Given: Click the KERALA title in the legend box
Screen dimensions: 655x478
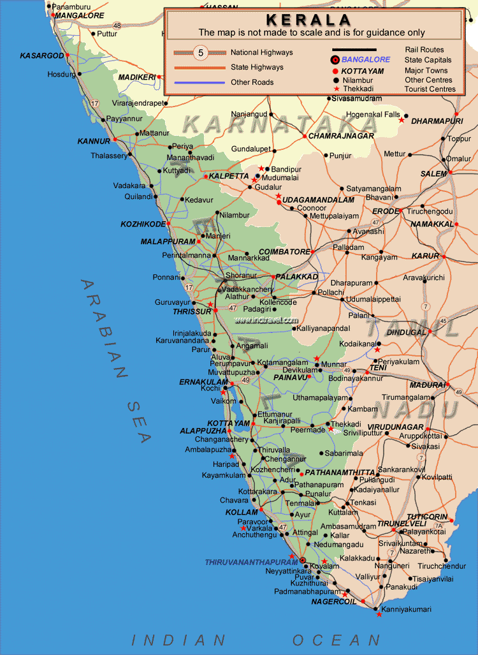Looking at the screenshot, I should (x=308, y=20).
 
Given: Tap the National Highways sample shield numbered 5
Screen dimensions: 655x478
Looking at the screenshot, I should (x=201, y=53).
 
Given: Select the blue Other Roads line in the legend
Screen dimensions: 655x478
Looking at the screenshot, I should (x=199, y=82).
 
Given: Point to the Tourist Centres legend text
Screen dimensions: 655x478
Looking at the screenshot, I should (x=430, y=89).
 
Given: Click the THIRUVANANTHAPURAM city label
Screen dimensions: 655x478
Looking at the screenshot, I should (x=251, y=562).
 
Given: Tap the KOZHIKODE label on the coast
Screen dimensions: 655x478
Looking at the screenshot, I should (x=143, y=224).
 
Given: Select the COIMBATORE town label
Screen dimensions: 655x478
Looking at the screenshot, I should (x=284, y=252).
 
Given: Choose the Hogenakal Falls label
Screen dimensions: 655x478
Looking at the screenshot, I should (x=372, y=115).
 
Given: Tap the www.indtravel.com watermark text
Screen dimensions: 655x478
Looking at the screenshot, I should (x=266, y=320).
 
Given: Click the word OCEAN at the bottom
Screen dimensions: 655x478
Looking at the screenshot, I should (x=336, y=639).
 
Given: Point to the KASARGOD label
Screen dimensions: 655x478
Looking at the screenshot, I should (x=42, y=55).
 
